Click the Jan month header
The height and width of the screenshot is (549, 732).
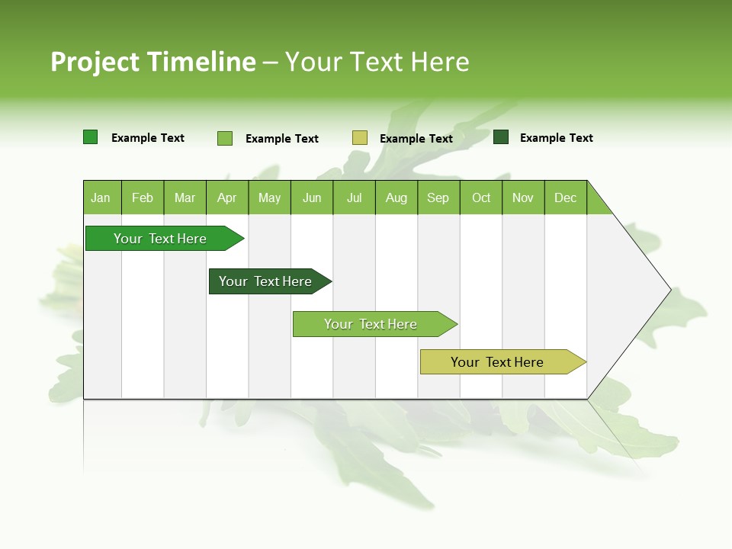pyautogui.click(x=101, y=197)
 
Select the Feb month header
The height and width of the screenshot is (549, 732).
pyautogui.click(x=143, y=197)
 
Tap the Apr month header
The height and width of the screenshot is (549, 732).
pyautogui.click(x=227, y=197)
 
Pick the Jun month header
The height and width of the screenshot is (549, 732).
pyautogui.click(x=312, y=197)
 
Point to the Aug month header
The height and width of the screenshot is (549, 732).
pyautogui.click(x=396, y=197)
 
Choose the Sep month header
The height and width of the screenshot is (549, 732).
pyautogui.click(x=438, y=197)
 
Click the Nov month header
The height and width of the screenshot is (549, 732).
pyautogui.click(x=523, y=197)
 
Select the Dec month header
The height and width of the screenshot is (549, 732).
pyautogui.click(x=566, y=197)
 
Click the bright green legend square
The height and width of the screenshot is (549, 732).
pyautogui.click(x=90, y=137)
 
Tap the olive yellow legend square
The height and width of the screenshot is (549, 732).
pyautogui.click(x=360, y=138)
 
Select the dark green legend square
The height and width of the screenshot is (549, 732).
pyautogui.click(x=501, y=137)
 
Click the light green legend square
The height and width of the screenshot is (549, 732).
pyautogui.click(x=225, y=138)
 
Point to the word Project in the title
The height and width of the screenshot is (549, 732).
pyautogui.click(x=95, y=62)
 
